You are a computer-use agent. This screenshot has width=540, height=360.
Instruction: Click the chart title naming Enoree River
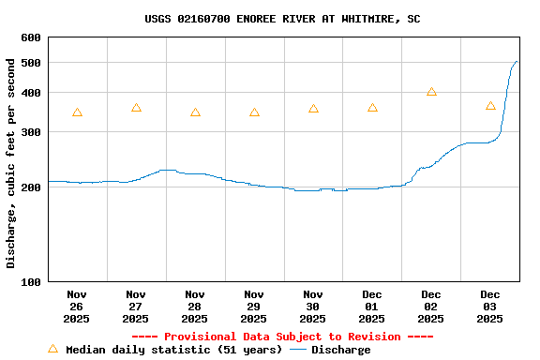(x=282, y=19)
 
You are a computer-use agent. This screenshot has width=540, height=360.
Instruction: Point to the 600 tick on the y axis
(x=31, y=37)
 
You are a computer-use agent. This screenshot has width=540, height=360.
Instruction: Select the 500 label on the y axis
(x=31, y=63)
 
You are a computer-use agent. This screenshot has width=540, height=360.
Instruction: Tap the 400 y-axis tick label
(x=31, y=93)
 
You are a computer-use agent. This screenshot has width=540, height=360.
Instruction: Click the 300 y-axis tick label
(x=31, y=132)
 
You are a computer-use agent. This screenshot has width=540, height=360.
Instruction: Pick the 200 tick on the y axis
(x=31, y=187)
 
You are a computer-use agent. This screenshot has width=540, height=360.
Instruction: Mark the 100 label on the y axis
(x=31, y=281)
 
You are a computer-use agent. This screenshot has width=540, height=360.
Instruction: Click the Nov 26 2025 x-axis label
(x=77, y=307)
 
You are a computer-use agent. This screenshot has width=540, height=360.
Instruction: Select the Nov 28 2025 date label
(x=195, y=307)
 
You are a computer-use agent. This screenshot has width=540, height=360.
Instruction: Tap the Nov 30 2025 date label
(x=313, y=307)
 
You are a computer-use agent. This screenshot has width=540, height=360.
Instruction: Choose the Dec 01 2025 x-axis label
(x=372, y=307)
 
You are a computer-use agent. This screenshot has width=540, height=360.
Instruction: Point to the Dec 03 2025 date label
(x=490, y=307)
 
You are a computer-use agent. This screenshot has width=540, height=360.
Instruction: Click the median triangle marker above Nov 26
(x=77, y=112)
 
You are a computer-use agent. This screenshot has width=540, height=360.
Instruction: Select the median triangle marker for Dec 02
(x=431, y=92)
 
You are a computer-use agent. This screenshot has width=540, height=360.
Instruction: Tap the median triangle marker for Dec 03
(x=490, y=106)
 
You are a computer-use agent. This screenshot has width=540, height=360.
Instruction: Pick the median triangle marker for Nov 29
(x=254, y=112)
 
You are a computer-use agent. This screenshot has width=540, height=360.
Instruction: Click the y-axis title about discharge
(x=11, y=163)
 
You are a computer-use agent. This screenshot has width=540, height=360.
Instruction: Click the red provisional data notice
(x=282, y=337)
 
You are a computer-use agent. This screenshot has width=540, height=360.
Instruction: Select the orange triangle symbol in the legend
(x=52, y=349)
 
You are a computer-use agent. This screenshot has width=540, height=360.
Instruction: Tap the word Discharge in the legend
(x=340, y=350)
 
